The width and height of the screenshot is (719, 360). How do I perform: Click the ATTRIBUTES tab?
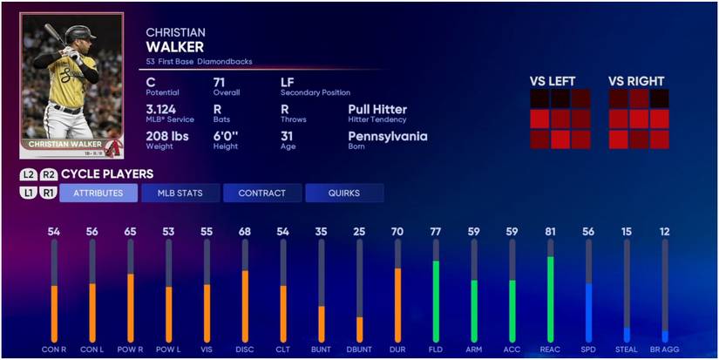coord(98,193)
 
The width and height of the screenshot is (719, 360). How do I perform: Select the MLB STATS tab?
coord(180,193)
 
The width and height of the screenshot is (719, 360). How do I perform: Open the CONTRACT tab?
coord(262,193)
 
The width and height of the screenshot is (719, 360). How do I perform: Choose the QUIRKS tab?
coord(344,193)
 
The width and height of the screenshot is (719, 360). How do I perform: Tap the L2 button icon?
coord(29,174)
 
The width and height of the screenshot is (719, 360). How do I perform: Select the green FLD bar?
coord(435,300)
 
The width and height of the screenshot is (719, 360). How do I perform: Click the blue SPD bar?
coord(588,311)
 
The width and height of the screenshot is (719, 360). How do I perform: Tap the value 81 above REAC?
coord(550,232)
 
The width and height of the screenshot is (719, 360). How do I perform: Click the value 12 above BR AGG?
coord(665,232)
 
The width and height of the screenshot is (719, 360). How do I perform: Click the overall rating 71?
coord(220,82)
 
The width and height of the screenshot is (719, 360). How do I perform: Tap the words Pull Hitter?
coord(377,110)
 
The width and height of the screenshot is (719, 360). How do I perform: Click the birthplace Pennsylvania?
coord(388,137)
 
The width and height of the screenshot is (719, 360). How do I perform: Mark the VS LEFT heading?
coord(553,81)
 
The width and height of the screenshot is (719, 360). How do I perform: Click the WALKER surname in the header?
coord(175,47)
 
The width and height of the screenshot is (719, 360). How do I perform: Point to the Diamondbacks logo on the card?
coord(112,145)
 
